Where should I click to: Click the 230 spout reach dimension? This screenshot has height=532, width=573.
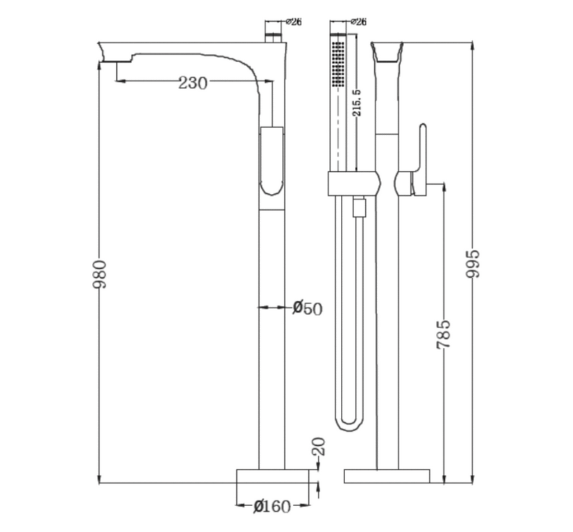coord(192,83)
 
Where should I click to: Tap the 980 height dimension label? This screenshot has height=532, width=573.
coord(100,274)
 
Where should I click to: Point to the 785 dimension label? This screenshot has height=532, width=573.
coord(443,334)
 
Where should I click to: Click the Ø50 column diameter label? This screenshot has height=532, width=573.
coord(308,308)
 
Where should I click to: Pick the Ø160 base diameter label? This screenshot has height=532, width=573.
coord(273,506)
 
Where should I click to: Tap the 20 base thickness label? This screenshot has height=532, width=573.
coord(318,446)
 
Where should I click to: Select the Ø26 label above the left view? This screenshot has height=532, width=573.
coord(294,22)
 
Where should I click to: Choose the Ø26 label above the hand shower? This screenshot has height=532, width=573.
coord(359,22)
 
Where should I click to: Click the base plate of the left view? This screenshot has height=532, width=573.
coord(273,476)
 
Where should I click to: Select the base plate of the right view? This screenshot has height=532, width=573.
coord(387,476)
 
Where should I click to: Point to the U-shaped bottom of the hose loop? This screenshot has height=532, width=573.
coord(349,423)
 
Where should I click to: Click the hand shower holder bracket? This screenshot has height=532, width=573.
coord(354,183)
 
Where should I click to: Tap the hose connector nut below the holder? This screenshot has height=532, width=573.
coord(359,208)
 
